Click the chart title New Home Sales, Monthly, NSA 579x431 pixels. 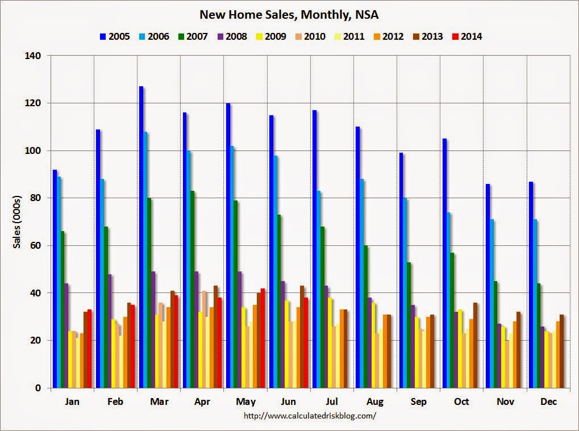point(289,14)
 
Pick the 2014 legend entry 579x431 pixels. point(466,37)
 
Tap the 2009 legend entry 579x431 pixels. point(270,37)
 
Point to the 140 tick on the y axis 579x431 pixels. point(36,56)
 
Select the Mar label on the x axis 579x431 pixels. point(159,401)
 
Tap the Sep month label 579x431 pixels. point(418,401)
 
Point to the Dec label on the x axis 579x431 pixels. point(548,401)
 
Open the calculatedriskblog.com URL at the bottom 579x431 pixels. point(310,416)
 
